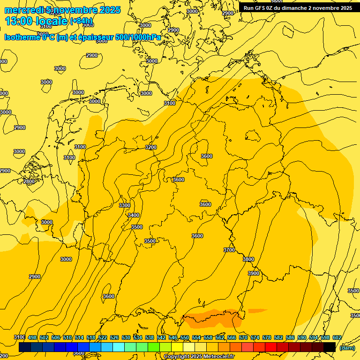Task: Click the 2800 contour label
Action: point(29,181)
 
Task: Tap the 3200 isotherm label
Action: point(151,147)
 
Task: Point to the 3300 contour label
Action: point(125,205)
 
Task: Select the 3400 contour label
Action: point(134,215)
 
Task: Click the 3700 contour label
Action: point(229,250)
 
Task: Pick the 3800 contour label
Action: point(248,259)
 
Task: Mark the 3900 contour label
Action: point(254,273)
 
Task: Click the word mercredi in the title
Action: point(24,10)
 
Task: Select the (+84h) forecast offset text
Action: point(81,21)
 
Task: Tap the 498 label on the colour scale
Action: point(32,337)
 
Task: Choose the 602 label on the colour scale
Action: point(337,337)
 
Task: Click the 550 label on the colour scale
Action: point(185,337)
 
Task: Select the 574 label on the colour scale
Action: point(255,337)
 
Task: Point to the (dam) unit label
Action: point(347,347)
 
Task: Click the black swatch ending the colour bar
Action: point(330,347)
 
